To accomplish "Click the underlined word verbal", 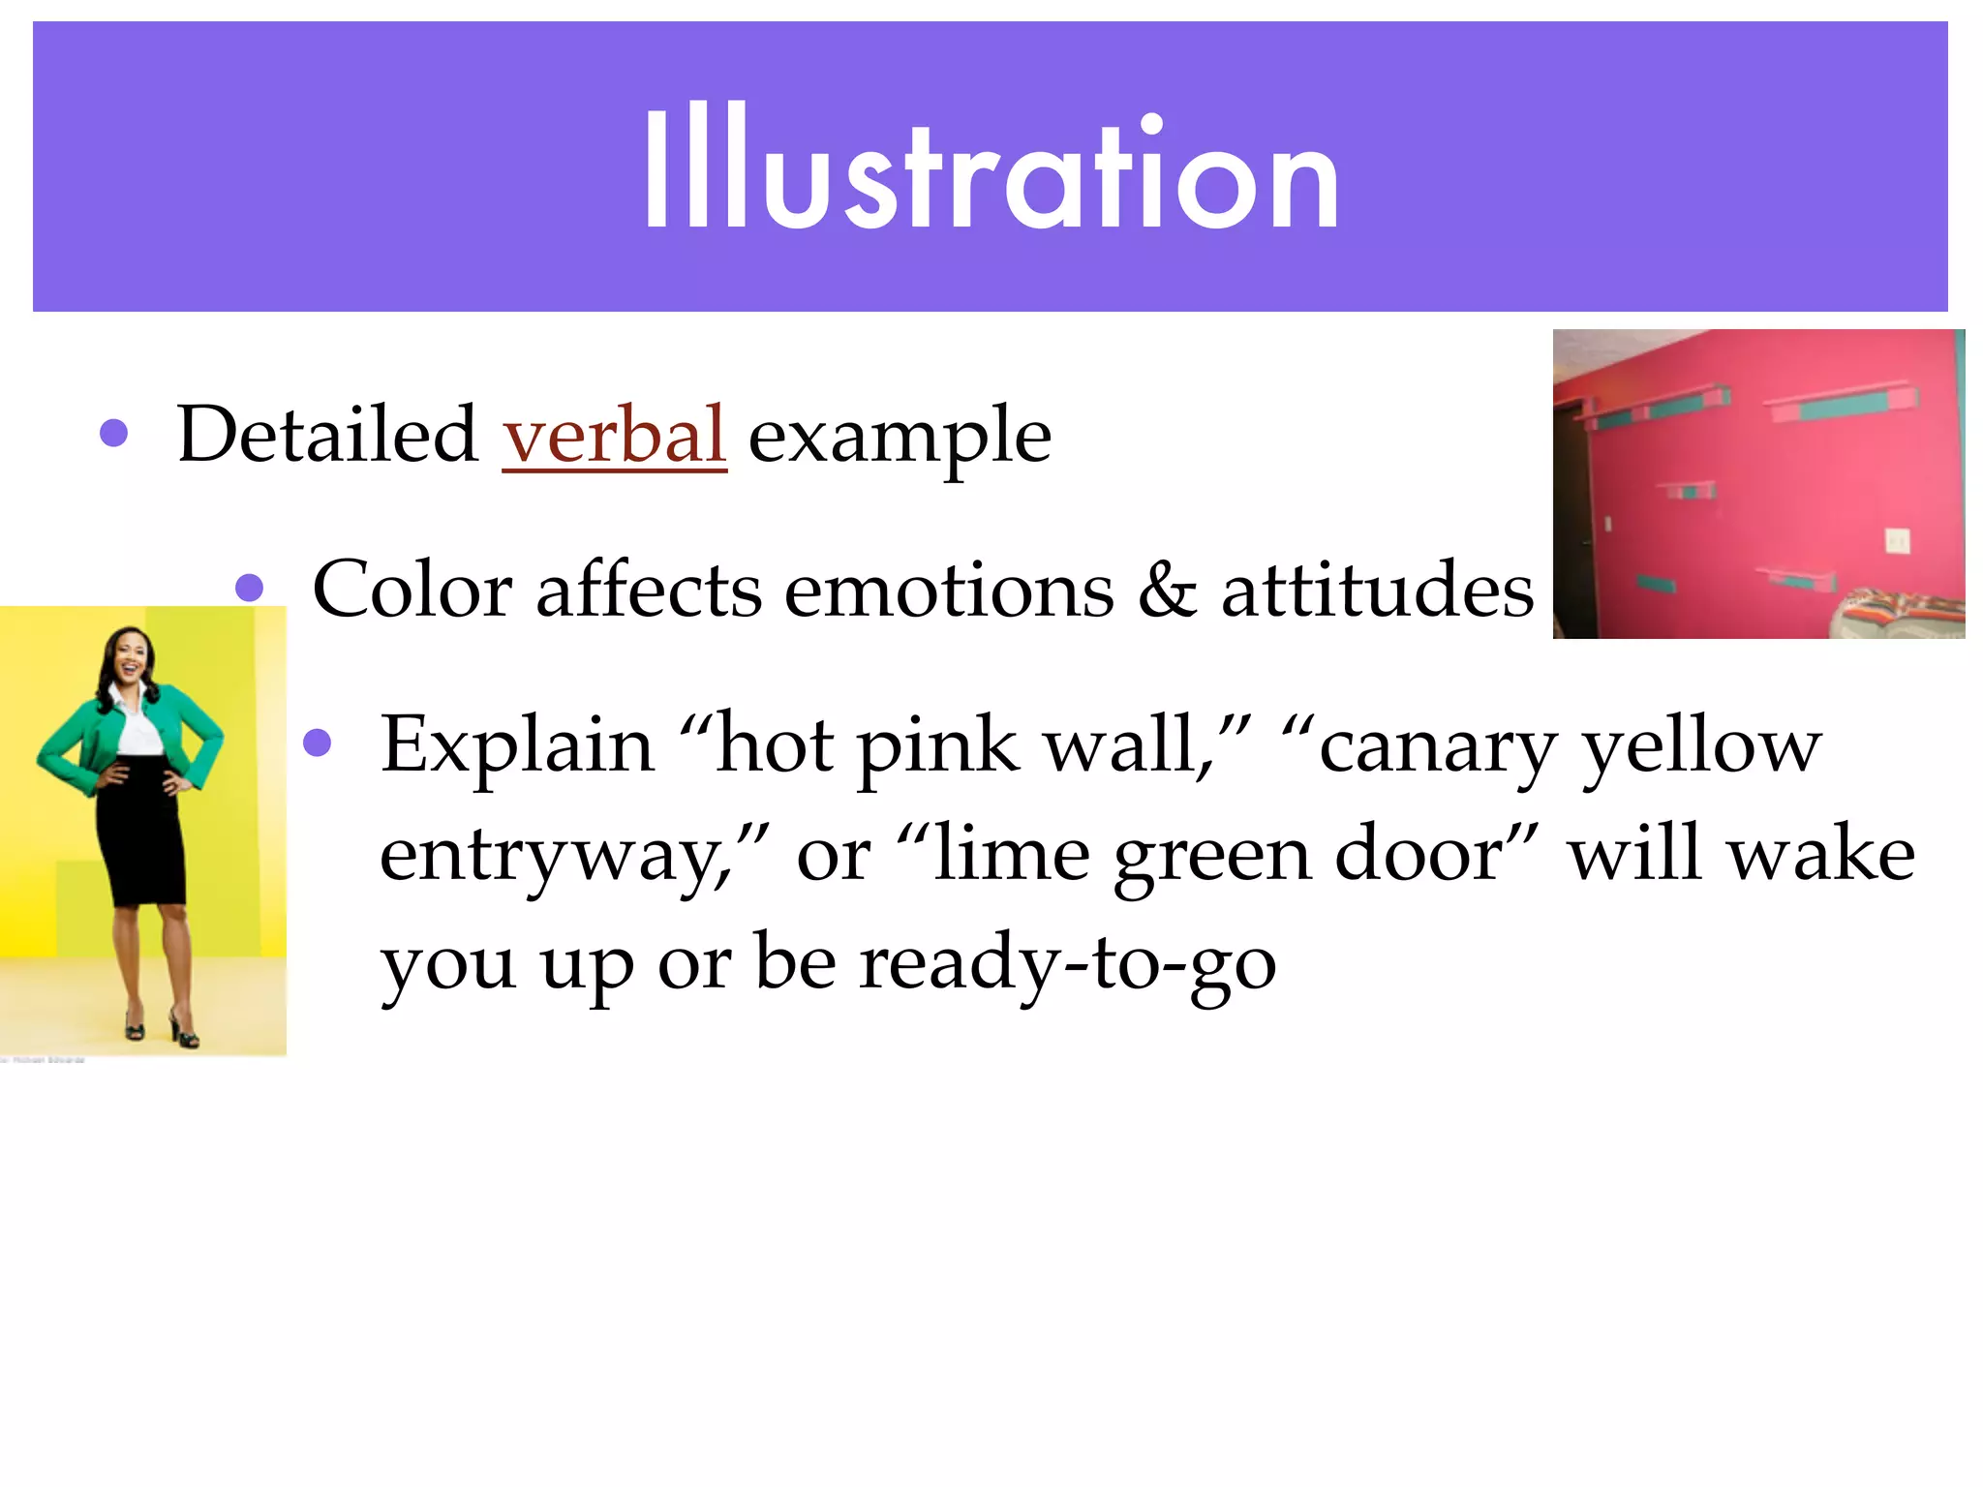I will pos(614,436).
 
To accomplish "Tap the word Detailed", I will pos(327,436).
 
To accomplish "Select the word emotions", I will pos(949,591).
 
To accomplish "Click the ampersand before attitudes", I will pos(1166,591).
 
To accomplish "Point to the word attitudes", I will pos(1377,591).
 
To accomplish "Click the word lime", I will pos(1011,854).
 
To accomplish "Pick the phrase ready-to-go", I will pos(1067,964).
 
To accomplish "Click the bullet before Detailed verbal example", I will pos(114,432).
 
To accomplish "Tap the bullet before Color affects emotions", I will pos(250,587).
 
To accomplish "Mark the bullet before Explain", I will pos(318,743).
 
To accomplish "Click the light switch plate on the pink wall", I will pos(1897,540).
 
